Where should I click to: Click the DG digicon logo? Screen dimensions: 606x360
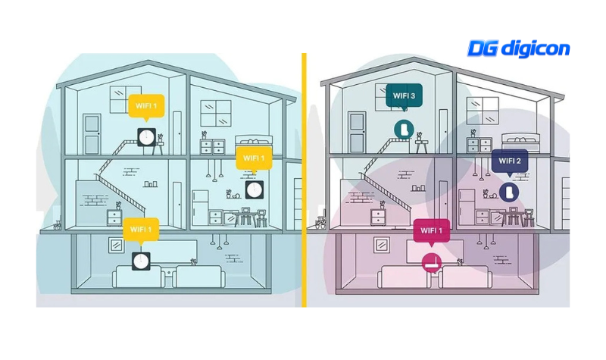click(519, 49)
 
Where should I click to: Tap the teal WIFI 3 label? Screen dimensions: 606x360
click(404, 96)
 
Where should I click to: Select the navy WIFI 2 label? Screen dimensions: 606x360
click(510, 161)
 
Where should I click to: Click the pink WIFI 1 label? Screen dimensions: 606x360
click(431, 231)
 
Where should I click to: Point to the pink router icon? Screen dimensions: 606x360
click(432, 263)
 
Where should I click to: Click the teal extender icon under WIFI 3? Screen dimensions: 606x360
click(404, 130)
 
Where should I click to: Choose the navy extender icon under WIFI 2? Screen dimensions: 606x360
click(509, 192)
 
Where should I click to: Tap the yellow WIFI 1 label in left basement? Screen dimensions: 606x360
click(141, 230)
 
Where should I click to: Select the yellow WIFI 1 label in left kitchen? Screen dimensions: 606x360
click(254, 159)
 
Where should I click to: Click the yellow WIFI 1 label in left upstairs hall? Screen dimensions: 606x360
click(146, 106)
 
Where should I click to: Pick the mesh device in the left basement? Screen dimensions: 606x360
click(141, 261)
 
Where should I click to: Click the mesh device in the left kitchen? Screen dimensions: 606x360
click(255, 190)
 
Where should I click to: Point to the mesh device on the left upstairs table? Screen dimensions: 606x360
click(147, 137)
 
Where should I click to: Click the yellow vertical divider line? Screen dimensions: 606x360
click(305, 180)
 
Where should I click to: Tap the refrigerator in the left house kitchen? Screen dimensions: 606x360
click(200, 208)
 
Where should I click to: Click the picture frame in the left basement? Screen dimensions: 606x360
click(117, 245)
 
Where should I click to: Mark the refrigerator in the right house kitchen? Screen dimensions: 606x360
click(467, 207)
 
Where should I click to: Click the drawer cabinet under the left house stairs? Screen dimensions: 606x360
click(114, 218)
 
